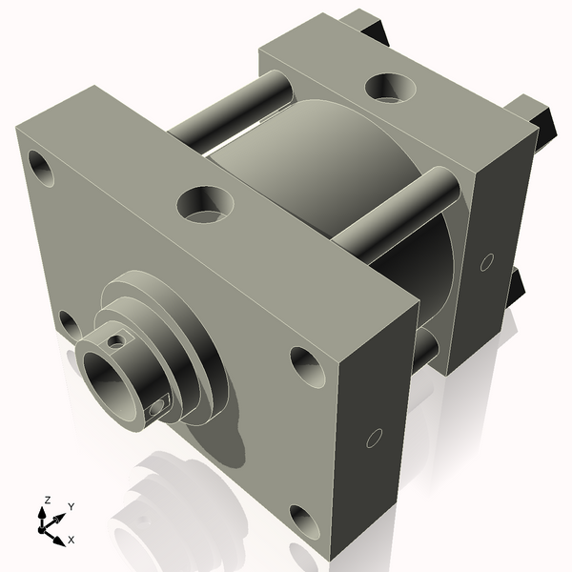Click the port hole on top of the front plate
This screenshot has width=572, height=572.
pos(204,203)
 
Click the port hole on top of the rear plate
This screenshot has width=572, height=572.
pos(389,87)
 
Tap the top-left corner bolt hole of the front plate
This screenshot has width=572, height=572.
pos(42,169)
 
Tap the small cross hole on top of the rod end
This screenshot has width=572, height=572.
pos(116,339)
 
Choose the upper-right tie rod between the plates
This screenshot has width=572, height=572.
pos(400,210)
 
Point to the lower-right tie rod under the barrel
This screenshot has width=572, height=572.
pos(425,348)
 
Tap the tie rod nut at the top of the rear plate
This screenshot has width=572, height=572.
pos(367,24)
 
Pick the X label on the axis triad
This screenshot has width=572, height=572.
pos(71,541)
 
